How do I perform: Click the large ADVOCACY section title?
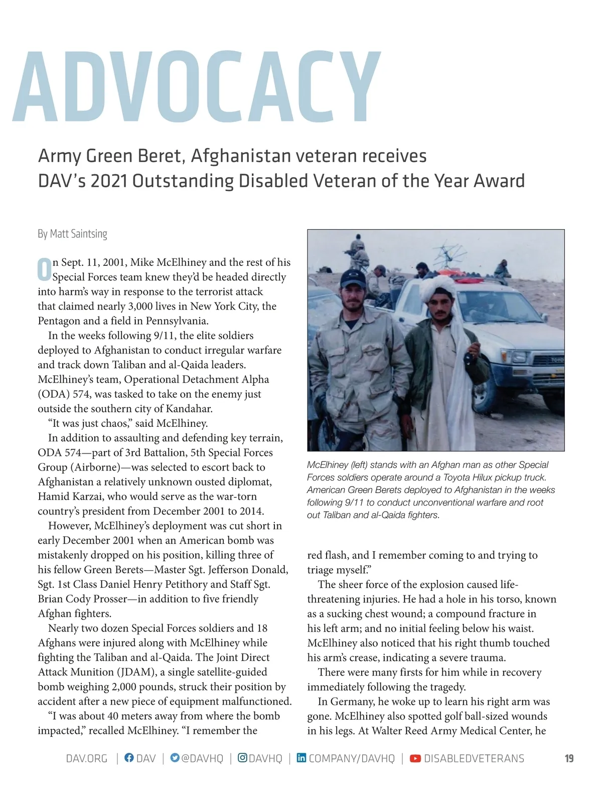pos(197,86)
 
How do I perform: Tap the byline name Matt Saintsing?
pos(78,234)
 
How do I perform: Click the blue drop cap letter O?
pos(44,269)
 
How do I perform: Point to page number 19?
pos(569,758)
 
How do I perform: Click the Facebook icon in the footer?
pos(129,758)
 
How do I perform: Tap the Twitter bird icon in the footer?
pos(175,758)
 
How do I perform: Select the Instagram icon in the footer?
pos(242,758)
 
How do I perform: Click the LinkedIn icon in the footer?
pos(302,758)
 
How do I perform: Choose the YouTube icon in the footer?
pos(415,758)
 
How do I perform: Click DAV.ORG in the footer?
pos(87,758)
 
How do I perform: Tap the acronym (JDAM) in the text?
pos(137,672)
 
